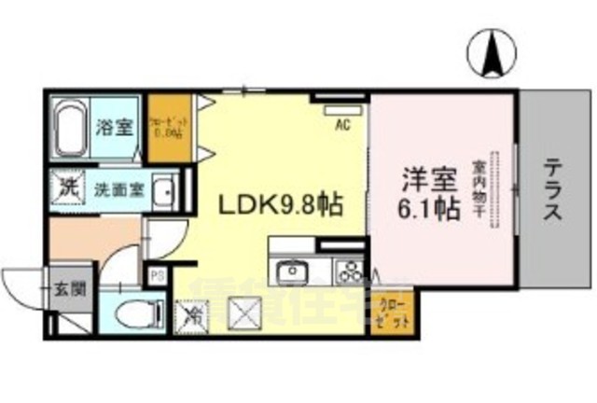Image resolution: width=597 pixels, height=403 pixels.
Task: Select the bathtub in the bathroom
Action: tap(69, 129)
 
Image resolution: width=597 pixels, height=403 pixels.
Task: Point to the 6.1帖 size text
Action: tap(430, 209)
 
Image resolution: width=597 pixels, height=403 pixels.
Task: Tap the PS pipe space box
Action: tap(156, 276)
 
